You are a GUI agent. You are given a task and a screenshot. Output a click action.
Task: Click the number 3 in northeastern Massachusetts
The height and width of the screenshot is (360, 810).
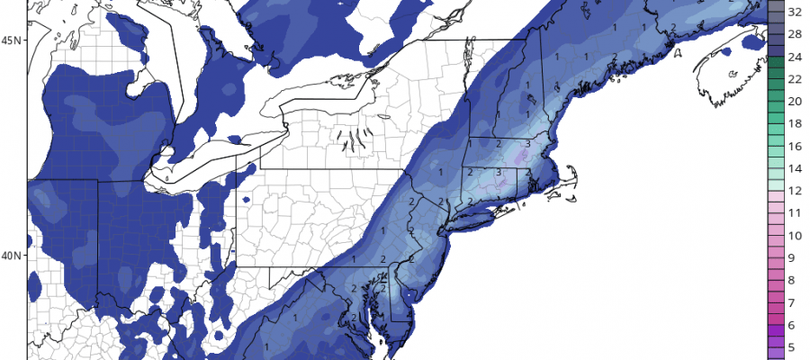(x=526, y=143)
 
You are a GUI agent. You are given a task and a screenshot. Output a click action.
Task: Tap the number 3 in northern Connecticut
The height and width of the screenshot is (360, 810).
(x=499, y=172)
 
